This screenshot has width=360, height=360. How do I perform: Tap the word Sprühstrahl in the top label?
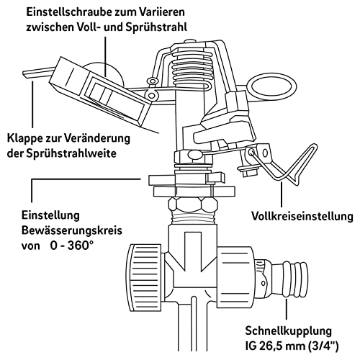(156, 27)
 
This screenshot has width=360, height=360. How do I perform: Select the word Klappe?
(24, 138)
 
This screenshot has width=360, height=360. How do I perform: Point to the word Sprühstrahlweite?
(71, 153)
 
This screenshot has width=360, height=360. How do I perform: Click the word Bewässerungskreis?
(72, 230)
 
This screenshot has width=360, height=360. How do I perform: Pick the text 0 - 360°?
(71, 246)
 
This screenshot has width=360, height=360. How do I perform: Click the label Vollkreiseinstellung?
(302, 216)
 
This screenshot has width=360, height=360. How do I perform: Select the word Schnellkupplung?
(288, 331)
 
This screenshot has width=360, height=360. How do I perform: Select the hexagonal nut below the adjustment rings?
(193, 205)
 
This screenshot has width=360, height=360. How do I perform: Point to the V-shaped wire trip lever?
(286, 166)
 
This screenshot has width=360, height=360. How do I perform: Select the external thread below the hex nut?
(193, 218)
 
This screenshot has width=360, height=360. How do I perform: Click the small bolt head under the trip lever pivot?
(248, 171)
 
